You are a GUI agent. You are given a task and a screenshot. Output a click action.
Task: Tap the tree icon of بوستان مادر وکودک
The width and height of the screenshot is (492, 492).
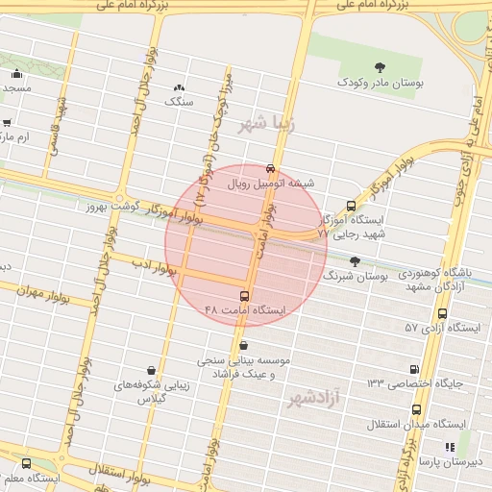380,67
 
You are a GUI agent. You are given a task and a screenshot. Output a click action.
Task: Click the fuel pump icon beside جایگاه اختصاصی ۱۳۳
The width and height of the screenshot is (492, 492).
414,368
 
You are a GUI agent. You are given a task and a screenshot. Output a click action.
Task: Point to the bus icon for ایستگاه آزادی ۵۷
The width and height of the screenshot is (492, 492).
442,313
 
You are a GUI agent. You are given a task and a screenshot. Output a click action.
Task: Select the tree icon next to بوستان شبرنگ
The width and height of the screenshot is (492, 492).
356,261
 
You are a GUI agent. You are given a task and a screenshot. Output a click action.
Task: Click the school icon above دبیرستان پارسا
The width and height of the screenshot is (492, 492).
449,447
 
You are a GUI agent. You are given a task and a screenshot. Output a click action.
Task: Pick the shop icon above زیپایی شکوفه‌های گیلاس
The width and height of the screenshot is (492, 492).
152,369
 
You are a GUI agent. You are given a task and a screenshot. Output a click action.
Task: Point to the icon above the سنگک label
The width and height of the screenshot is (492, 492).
179,86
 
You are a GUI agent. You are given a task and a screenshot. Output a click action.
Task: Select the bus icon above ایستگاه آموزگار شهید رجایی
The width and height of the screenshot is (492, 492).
351,205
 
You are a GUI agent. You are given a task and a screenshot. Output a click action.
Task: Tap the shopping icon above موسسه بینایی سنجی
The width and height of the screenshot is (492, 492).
244,346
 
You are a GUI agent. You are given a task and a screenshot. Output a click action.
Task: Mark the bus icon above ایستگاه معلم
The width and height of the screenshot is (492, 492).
25,463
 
